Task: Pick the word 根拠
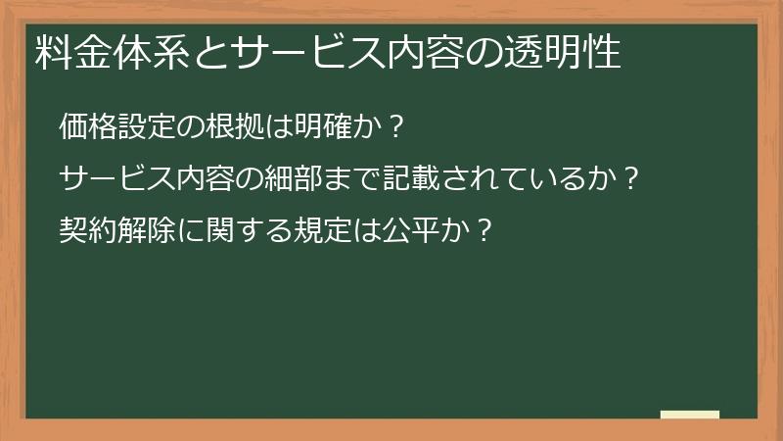pyautogui.click(x=232, y=127)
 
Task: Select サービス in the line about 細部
pyautogui.click(x=116, y=179)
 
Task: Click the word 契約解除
pyautogui.click(x=116, y=231)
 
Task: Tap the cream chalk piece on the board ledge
pyautogui.click(x=690, y=415)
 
